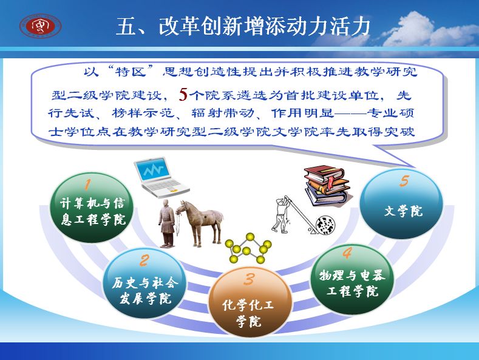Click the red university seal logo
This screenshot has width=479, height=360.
click(40, 26)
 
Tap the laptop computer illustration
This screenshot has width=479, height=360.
click(161, 177)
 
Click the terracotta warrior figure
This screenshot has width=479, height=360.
click(167, 223)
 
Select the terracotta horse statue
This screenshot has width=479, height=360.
click(200, 223)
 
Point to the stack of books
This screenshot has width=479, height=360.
click(327, 186)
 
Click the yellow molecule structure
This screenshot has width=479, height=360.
click(248, 248)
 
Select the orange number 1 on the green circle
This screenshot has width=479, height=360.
click(87, 185)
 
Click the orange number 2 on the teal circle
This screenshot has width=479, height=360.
click(144, 260)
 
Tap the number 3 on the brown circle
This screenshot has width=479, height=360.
click(250, 279)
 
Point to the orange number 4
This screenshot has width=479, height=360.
click(347, 253)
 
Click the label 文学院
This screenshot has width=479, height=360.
click(403, 211)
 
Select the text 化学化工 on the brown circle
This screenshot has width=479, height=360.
click(248, 305)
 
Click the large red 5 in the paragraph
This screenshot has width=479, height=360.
click(183, 94)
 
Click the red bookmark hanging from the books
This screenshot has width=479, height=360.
click(330, 183)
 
